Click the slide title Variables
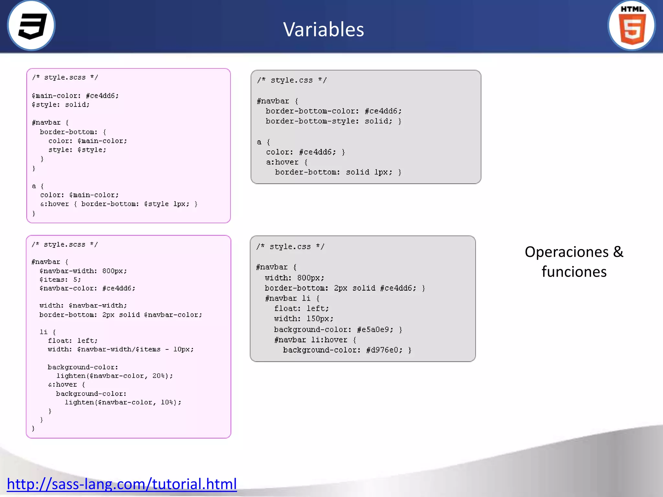pyautogui.click(x=323, y=29)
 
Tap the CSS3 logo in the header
pyautogui.click(x=31, y=26)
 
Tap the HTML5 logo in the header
pyautogui.click(x=632, y=26)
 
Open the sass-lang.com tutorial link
pyautogui.click(x=122, y=484)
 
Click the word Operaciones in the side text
pyautogui.click(x=566, y=252)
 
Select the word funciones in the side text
pyautogui.click(x=574, y=271)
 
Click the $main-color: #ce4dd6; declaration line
pyautogui.click(x=75, y=96)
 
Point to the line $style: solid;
pyautogui.click(x=61, y=105)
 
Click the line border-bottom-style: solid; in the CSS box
pyautogui.click(x=329, y=121)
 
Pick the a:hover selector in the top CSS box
pyautogui.click(x=282, y=162)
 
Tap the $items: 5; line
pyautogui.click(x=60, y=280)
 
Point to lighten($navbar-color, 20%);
pyautogui.click(x=115, y=376)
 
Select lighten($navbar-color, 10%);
pyautogui.click(x=123, y=403)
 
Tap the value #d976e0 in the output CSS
pyautogui.click(x=384, y=350)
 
